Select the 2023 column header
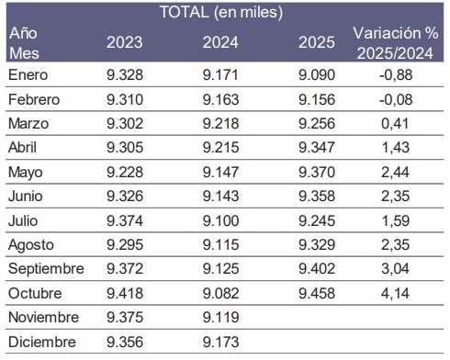click(x=124, y=41)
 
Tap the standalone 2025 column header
click(x=317, y=41)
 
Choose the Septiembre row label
click(x=46, y=268)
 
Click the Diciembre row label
click(x=39, y=342)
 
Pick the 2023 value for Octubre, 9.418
click(x=124, y=293)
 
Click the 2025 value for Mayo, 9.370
click(x=317, y=171)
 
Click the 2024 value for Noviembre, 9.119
click(x=221, y=317)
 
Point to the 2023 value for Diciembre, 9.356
click(x=124, y=342)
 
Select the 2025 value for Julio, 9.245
click(x=317, y=219)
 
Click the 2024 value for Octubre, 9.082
click(x=221, y=293)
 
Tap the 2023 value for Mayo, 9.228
click(x=124, y=171)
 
